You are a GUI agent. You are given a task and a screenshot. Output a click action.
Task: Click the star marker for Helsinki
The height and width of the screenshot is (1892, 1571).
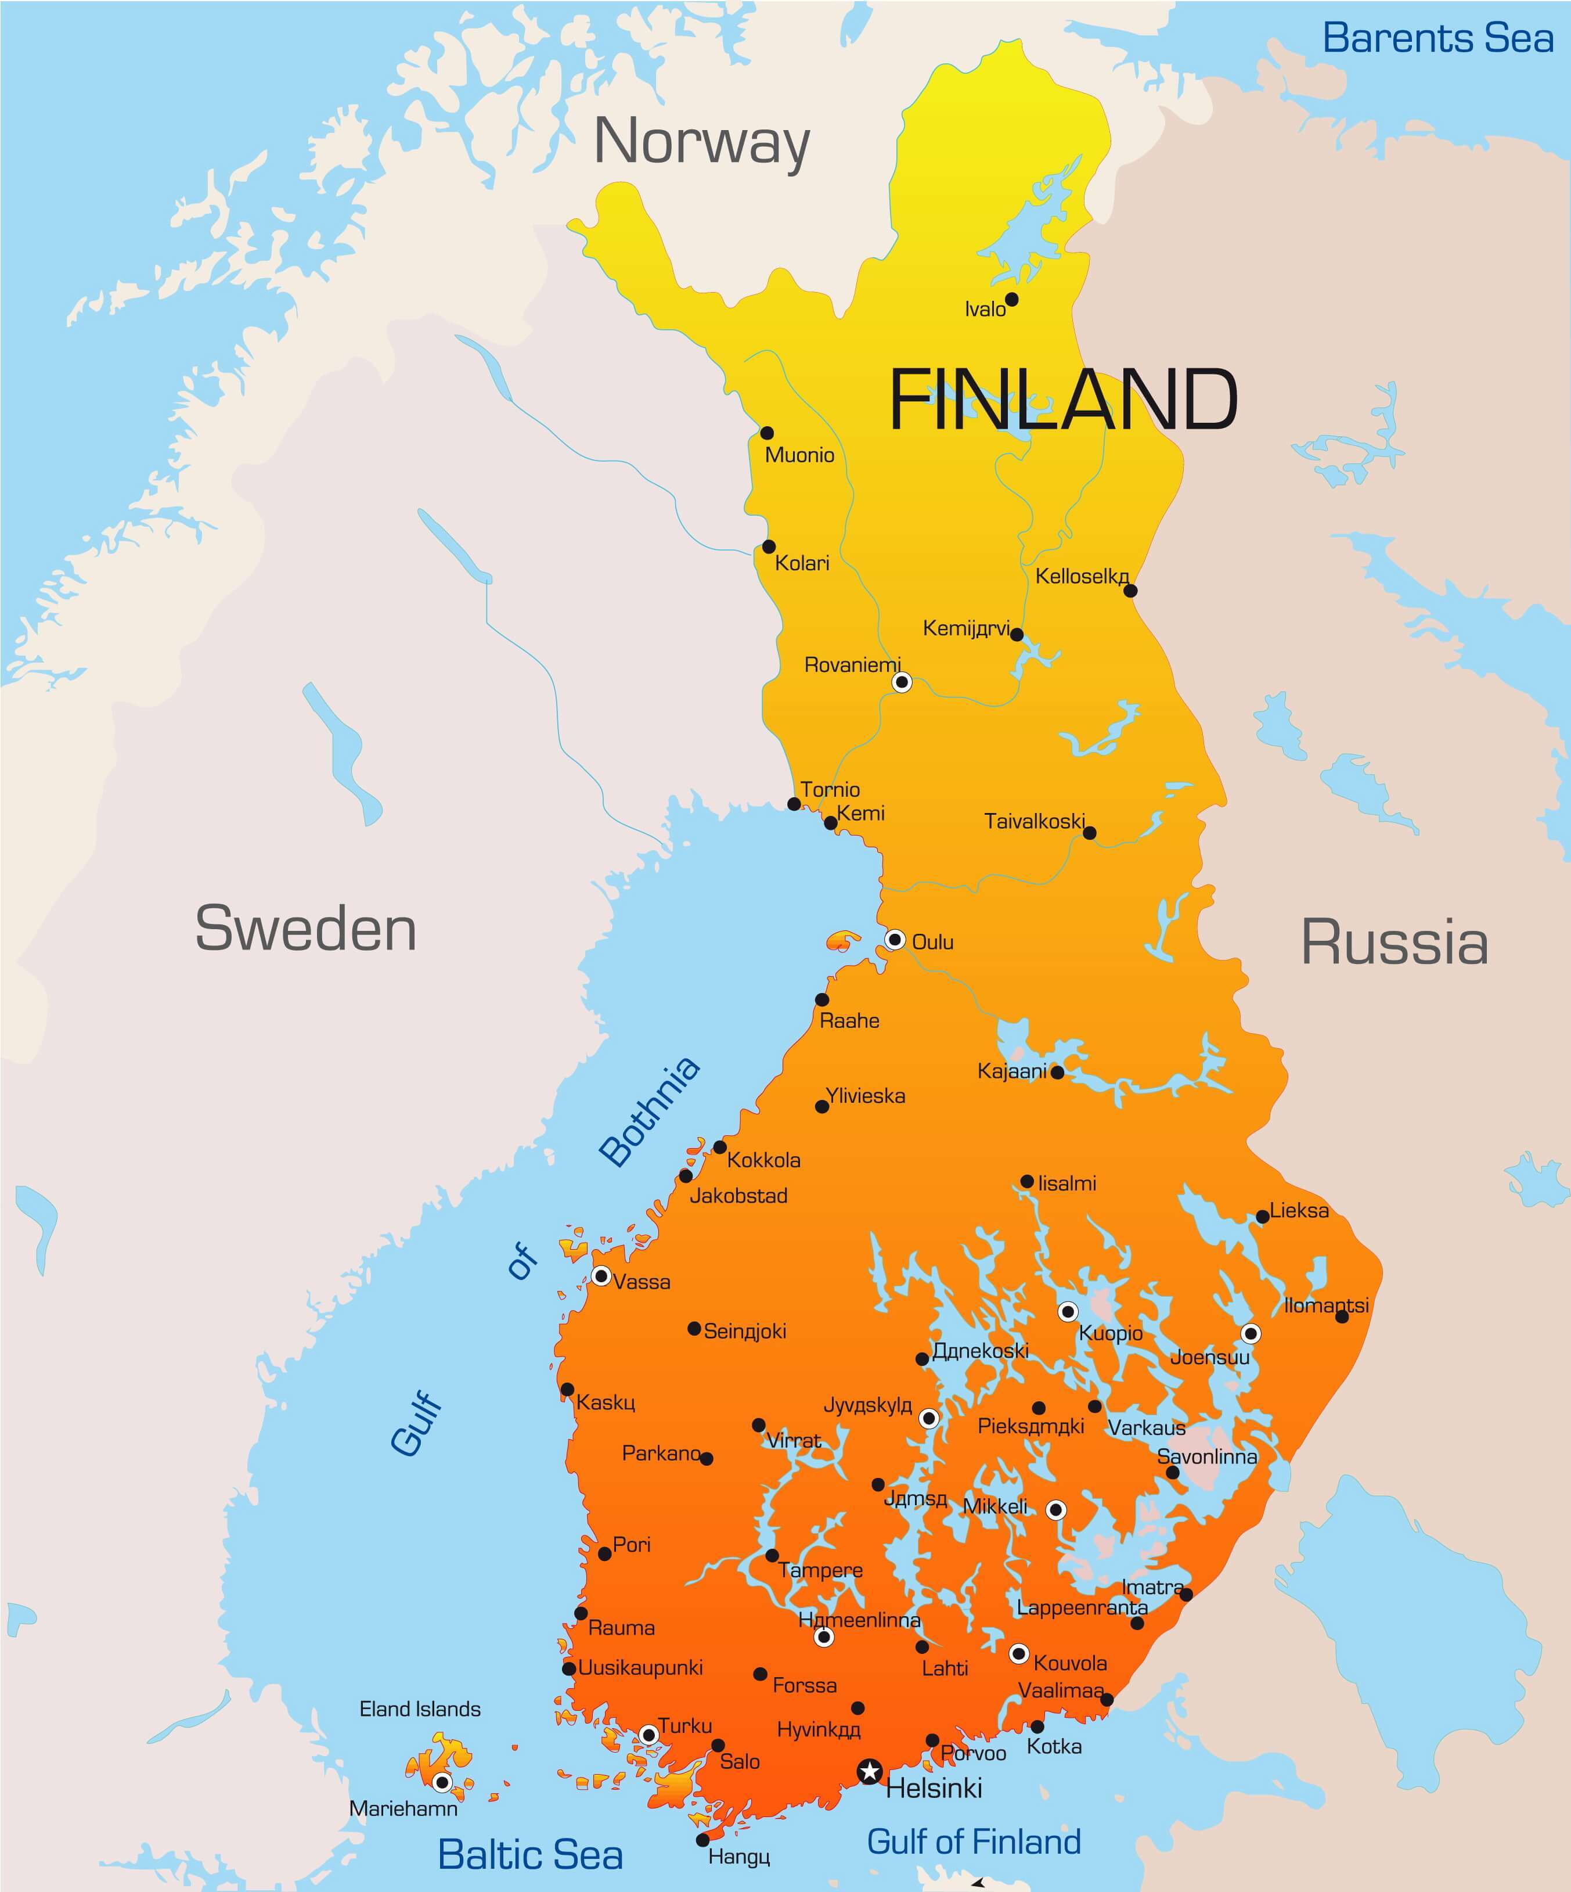[869, 1771]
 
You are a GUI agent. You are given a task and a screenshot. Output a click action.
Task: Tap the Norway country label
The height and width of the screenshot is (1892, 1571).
[702, 142]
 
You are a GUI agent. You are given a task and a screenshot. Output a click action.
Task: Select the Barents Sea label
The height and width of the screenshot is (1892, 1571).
[1437, 38]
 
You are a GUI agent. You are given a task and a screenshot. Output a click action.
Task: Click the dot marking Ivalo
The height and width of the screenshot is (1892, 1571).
[1011, 299]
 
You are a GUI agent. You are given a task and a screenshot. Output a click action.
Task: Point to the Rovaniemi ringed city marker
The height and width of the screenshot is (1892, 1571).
[902, 682]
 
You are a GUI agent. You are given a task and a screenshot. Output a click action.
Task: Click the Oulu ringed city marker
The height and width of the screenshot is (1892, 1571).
[895, 940]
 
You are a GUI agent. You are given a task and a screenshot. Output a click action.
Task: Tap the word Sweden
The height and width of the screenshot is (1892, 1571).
[305, 929]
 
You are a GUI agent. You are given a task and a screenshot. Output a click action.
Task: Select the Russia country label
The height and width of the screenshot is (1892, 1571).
[1393, 943]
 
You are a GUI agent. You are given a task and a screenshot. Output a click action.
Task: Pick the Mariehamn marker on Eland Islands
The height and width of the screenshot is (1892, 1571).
[441, 1782]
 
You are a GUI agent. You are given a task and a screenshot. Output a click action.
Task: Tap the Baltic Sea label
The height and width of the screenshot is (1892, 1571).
[529, 1854]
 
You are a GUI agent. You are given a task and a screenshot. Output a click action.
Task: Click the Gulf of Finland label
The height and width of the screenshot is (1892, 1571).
[973, 1841]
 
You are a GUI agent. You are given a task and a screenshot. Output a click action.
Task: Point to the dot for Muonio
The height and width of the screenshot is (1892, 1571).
[766, 433]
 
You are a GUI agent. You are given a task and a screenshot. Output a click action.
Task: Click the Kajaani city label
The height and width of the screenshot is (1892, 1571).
[1011, 1071]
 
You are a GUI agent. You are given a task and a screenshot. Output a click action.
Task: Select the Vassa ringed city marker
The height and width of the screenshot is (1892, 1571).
[601, 1276]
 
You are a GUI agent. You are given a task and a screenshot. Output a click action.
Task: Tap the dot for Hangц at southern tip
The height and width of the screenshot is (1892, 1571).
[702, 1840]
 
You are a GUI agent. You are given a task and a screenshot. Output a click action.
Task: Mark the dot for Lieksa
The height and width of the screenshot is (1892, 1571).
[1263, 1216]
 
